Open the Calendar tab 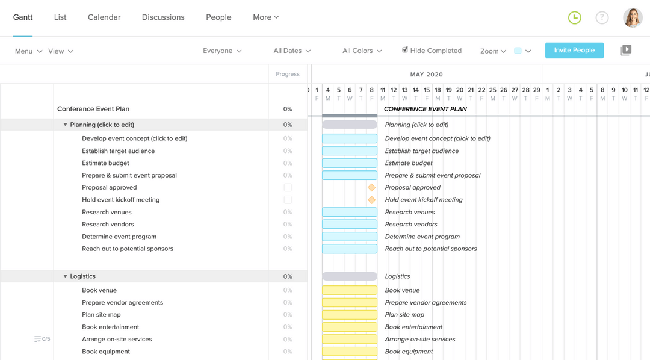tap(104, 17)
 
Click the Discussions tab tap(163, 17)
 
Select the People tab tap(218, 17)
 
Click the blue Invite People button tap(574, 51)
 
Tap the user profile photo tap(633, 18)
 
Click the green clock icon tap(575, 18)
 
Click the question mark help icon tap(602, 18)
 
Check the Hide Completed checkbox tap(405, 50)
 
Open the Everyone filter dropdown tap(222, 51)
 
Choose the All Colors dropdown tap(362, 51)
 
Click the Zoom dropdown tap(493, 51)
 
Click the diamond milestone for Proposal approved tap(371, 188)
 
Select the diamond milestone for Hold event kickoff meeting tap(371, 200)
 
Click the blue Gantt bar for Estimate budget tap(350, 163)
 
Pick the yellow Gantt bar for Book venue tap(350, 290)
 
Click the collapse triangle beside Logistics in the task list tap(65, 276)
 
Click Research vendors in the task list tap(108, 225)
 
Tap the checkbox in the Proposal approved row tap(288, 188)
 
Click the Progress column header tap(288, 74)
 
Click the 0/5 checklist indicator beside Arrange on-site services tap(42, 340)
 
